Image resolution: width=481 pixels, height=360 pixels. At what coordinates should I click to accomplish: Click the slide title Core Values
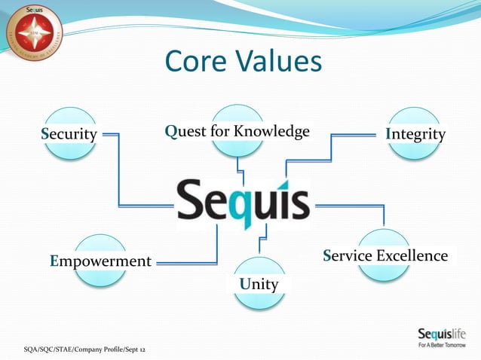[243, 62]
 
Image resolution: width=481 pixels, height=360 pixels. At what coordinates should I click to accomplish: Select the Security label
[69, 135]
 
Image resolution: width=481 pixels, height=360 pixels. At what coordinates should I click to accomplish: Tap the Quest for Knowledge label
[237, 132]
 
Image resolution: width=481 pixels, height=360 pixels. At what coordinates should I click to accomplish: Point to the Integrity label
[415, 135]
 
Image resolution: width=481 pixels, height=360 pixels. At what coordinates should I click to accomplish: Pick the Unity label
[259, 285]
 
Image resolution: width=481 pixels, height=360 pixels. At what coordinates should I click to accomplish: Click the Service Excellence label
[385, 256]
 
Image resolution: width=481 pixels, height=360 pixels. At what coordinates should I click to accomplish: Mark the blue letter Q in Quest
[171, 132]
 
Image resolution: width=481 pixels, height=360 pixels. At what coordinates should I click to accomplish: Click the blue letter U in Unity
[244, 285]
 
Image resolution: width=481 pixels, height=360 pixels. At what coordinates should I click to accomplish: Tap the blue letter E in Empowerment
[54, 261]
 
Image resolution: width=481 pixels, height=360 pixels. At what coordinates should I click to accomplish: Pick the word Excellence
[412, 256]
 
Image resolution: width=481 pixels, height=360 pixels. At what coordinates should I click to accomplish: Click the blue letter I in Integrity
[388, 135]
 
